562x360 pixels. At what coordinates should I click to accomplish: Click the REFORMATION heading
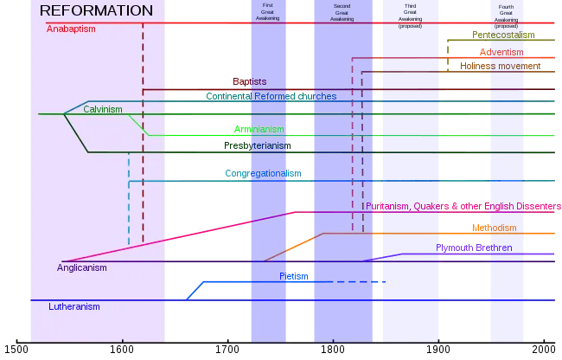96,10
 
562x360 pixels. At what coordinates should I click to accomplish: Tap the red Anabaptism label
71,29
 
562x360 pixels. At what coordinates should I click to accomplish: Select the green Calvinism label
102,109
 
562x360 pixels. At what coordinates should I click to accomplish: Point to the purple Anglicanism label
82,268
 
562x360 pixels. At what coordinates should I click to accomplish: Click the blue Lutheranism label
73,306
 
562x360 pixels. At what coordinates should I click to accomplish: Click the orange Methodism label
495,228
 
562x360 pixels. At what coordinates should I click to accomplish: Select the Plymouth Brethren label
474,247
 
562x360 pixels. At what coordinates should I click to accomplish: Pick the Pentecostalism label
503,35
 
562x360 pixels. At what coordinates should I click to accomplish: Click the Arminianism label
259,130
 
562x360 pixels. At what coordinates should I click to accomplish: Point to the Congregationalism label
262,174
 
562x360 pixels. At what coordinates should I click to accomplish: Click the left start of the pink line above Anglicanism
63,260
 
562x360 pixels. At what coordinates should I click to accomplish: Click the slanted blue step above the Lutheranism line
196,289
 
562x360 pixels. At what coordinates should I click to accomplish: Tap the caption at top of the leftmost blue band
268,10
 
